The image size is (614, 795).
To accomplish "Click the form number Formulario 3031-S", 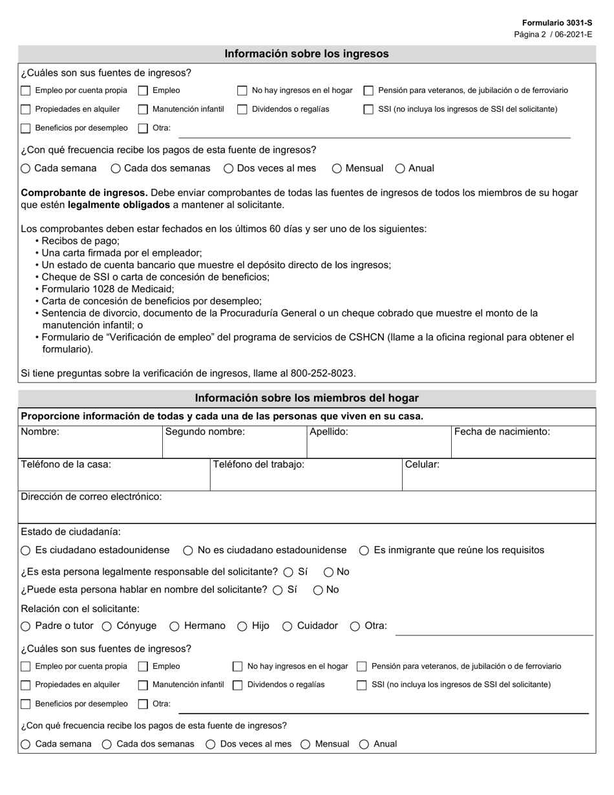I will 557,23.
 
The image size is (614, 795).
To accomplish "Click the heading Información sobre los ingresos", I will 306,54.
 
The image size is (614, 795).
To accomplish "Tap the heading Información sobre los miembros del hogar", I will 306,398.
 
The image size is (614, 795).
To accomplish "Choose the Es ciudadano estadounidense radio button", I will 25,551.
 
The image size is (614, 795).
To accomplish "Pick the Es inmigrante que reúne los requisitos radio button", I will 364,551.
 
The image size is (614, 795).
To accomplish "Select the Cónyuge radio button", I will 107,626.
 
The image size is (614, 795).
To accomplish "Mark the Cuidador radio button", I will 288,626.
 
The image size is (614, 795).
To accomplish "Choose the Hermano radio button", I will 175,626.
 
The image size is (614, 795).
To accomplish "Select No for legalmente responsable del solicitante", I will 328,572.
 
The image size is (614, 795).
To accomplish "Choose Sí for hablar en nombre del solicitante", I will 278,590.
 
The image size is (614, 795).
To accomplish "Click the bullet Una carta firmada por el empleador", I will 122,253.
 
